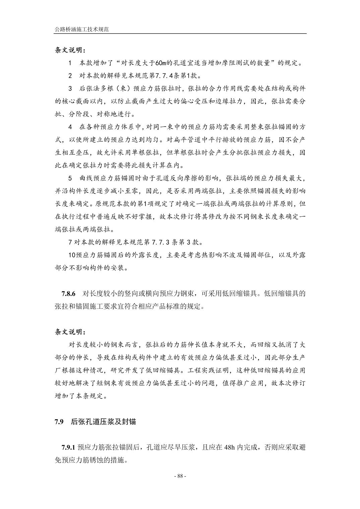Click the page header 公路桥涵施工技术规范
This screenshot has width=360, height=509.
coord(82,29)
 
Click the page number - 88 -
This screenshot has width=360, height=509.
coord(180,476)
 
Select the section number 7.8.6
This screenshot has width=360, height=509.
coord(69,294)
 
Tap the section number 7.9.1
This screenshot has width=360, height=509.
coord(68,447)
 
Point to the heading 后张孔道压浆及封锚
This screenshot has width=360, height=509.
coord(103,422)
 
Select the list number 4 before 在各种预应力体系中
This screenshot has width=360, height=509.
coord(70,127)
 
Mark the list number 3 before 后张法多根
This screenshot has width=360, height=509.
coord(70,88)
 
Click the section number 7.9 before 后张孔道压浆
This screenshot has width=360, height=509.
coord(59,422)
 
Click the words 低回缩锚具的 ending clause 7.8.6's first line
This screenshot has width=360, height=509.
coord(285,294)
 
